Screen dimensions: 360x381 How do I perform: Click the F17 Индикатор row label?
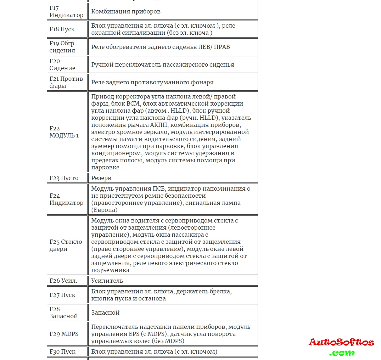[67, 11]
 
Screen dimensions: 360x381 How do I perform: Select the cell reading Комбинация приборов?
[126, 11]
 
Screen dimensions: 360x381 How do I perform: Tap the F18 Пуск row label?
[62, 29]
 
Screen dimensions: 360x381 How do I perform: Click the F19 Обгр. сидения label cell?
[63, 47]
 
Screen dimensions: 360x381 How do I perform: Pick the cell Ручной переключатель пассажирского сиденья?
[163, 64]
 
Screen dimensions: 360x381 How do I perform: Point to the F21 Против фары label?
[66, 82]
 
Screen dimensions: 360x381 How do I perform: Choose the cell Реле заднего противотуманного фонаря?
[152, 82]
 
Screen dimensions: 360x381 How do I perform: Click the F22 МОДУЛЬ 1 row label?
[64, 132]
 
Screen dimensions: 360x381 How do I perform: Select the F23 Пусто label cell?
[64, 178]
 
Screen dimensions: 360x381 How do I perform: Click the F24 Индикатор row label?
[67, 199]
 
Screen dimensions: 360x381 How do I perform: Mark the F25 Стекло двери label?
[66, 245]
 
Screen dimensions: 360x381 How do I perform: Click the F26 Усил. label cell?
[63, 281]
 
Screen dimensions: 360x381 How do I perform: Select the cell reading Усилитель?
[107, 281]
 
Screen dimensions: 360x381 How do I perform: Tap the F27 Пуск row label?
[63, 295]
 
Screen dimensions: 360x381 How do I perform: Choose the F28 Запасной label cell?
[64, 313]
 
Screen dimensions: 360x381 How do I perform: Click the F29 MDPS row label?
[64, 334]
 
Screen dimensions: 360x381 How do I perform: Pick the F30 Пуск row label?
[63, 351]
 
